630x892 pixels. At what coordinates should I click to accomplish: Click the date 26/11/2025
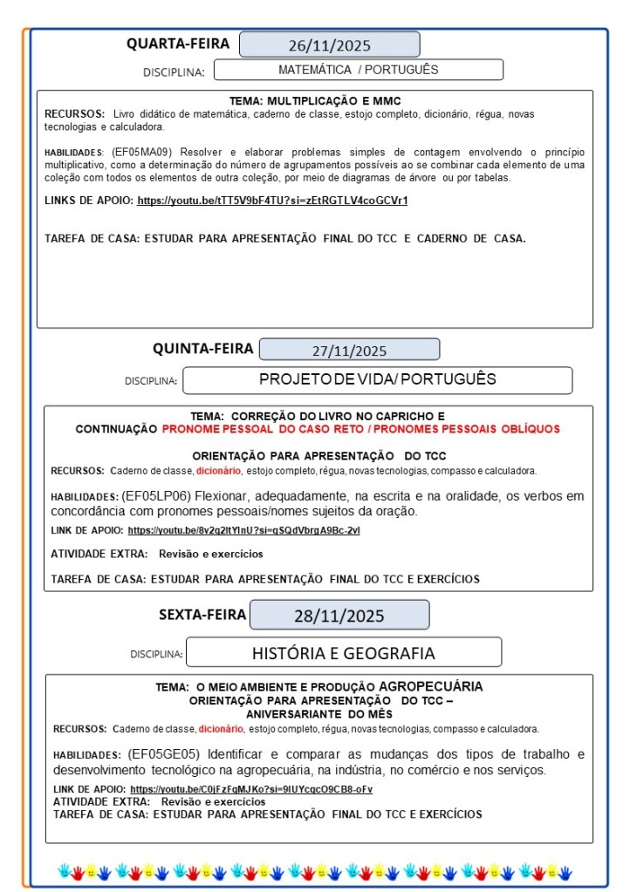pos(329,44)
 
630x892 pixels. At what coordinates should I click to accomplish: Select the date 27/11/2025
pos(349,351)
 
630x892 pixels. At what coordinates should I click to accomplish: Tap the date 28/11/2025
pos(339,616)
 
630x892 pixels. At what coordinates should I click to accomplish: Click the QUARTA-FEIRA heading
pos(178,44)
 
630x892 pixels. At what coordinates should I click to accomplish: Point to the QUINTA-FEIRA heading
pos(203,349)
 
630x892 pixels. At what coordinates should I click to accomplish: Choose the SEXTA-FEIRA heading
pos(202,614)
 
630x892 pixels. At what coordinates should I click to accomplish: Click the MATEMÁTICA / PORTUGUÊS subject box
pos(358,70)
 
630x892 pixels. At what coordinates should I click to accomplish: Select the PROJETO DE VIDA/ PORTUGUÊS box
pos(377,379)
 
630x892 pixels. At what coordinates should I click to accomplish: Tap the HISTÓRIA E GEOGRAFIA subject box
pos(343,653)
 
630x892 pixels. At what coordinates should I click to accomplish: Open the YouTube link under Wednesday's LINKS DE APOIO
pos(272,201)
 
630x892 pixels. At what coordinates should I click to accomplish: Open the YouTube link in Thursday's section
pos(243,530)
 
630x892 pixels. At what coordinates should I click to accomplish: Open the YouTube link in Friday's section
pos(251,789)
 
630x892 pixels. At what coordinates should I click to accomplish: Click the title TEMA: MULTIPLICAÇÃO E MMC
pos(314,101)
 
